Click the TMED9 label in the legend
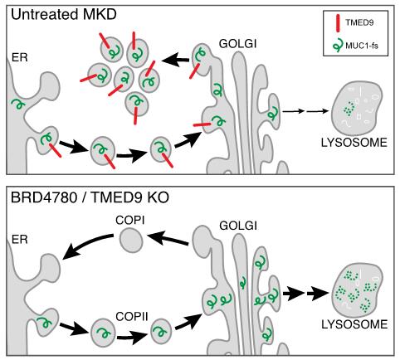click(x=359, y=22)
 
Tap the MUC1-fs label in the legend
click(x=362, y=45)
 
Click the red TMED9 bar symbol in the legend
click(x=338, y=23)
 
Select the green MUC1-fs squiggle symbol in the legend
click(x=338, y=46)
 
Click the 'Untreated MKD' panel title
click(x=64, y=14)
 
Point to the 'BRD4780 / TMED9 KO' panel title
click(x=90, y=197)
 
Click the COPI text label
click(x=130, y=221)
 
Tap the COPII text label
click(x=132, y=316)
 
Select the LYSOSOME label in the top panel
click(x=354, y=143)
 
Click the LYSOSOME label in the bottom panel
click(x=354, y=324)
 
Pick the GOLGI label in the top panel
click(x=238, y=44)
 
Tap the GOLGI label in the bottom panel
click(x=238, y=226)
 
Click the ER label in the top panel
click(x=20, y=57)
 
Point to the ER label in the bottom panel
click(x=20, y=239)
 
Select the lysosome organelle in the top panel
click(x=357, y=109)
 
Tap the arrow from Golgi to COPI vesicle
click(x=168, y=239)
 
